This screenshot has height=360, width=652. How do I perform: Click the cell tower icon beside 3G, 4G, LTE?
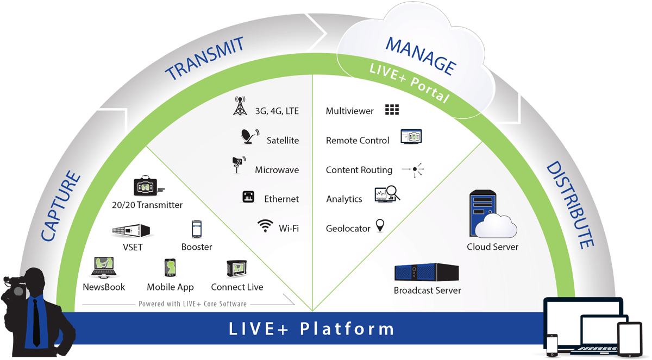click(x=240, y=106)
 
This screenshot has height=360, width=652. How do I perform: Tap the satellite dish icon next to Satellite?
click(x=250, y=136)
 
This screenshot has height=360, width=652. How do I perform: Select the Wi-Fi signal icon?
click(x=265, y=226)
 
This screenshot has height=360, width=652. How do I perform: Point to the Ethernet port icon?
click(x=248, y=197)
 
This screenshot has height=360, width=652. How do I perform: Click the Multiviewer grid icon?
click(x=392, y=110)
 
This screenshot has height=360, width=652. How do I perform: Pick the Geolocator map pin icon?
click(x=380, y=226)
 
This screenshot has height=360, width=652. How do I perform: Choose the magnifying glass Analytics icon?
click(x=387, y=194)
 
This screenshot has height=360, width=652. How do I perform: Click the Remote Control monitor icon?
click(x=411, y=137)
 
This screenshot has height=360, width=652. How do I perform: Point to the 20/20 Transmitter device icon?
click(x=146, y=186)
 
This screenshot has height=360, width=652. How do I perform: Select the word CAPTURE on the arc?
click(x=61, y=206)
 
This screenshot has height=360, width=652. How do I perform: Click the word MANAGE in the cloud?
click(x=420, y=55)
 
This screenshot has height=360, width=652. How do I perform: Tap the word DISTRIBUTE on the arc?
click(x=569, y=205)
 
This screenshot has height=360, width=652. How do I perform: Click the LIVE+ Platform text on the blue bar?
click(x=311, y=329)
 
